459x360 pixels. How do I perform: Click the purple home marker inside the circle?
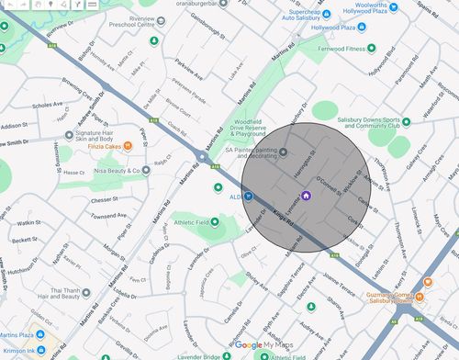pos(306,195)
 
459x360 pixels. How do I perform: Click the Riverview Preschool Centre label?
pos(129,21)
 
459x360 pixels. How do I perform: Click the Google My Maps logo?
pos(265,345)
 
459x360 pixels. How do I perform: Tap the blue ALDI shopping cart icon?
pos(248,196)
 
